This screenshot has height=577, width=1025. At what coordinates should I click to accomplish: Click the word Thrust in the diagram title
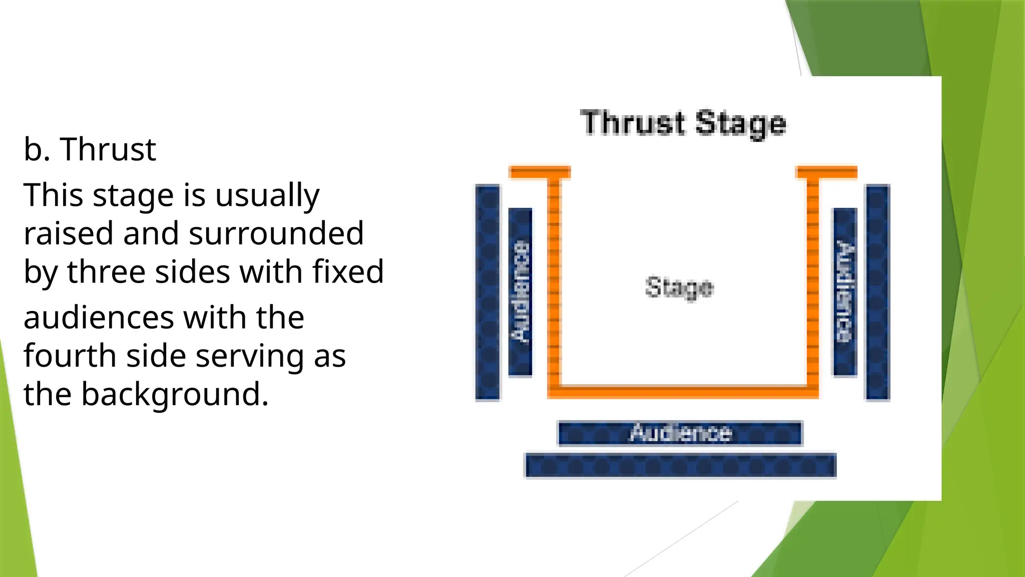pos(633,123)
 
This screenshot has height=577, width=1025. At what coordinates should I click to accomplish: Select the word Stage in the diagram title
pos(741,124)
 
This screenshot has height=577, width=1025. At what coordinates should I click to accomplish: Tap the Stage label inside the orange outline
pos(679,287)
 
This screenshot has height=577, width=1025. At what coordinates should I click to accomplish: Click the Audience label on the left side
pos(520,292)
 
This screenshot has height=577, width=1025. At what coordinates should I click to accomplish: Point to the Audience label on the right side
pos(845,292)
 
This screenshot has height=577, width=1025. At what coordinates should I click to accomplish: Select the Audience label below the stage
pos(680,433)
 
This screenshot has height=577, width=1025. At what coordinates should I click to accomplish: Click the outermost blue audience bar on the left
pos(487,293)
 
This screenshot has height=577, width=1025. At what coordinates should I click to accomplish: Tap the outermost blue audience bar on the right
pos(877,293)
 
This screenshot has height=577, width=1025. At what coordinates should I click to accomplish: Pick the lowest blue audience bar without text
pos(680,466)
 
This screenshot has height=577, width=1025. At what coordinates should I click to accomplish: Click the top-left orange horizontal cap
pos(540,172)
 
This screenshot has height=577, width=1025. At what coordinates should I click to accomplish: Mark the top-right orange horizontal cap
pos(826,172)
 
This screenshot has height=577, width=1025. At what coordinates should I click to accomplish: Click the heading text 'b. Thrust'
pos(90,149)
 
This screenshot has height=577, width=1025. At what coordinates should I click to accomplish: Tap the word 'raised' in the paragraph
pos(69,233)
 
